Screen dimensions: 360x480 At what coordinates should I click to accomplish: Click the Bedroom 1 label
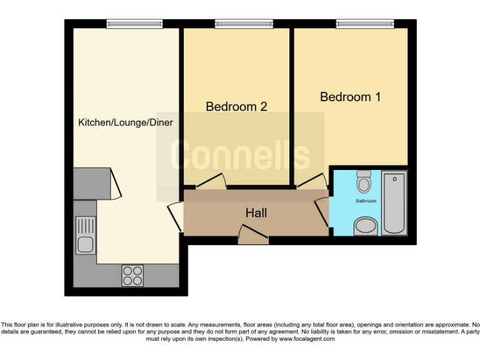point(350,97)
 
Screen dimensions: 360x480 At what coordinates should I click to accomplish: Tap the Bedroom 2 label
point(236,107)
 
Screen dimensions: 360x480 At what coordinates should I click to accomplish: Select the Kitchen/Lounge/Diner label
point(125,122)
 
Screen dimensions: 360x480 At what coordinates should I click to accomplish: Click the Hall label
point(256,213)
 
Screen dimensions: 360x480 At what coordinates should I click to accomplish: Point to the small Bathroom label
point(366,201)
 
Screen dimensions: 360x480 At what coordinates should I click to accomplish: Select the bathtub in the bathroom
point(394,202)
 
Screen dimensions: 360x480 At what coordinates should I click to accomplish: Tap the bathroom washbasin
point(366,226)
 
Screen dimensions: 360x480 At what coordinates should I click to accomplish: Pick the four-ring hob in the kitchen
point(132,276)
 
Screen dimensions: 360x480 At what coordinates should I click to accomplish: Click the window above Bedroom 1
point(365,24)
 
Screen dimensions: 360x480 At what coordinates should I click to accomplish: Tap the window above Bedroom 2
point(244,24)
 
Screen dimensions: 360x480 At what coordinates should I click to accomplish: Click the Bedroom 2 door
point(210,182)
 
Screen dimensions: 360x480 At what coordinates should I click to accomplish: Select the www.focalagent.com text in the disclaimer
point(307,339)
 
